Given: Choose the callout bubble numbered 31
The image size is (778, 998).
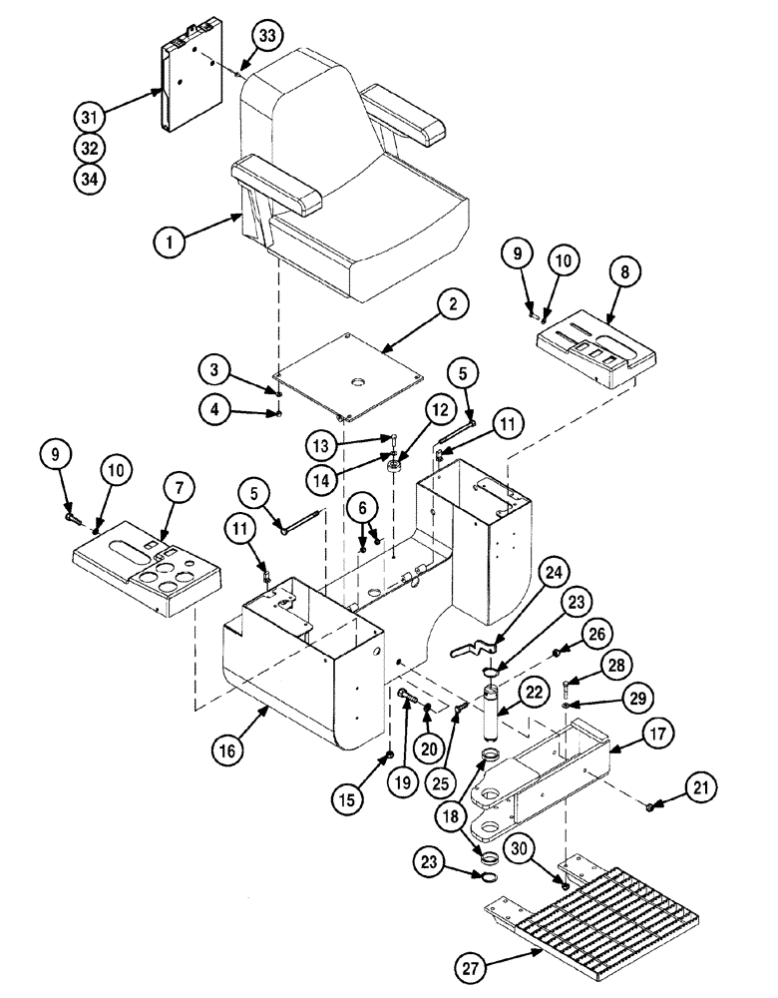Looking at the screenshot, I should click(89, 118).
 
